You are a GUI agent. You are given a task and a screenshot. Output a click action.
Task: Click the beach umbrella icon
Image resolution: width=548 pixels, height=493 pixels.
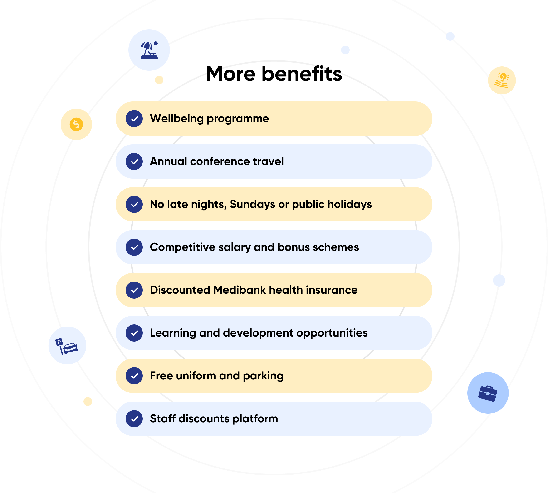(x=149, y=50)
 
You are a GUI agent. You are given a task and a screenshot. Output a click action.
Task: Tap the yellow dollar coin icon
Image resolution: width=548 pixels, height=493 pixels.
(x=76, y=124)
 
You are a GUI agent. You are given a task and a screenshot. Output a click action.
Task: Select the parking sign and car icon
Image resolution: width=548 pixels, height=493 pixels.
(x=67, y=346)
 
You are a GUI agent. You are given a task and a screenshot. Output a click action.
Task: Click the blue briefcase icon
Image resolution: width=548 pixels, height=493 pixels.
(x=488, y=393)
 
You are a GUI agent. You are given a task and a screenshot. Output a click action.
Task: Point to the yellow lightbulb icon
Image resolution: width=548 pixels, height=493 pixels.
(x=502, y=80)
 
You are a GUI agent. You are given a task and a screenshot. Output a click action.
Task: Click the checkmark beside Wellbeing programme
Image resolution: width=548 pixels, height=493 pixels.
(x=134, y=119)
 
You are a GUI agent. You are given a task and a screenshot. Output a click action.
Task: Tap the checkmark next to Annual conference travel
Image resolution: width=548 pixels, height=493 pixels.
(x=134, y=161)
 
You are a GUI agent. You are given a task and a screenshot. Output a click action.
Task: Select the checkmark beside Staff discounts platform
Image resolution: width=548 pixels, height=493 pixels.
(x=134, y=419)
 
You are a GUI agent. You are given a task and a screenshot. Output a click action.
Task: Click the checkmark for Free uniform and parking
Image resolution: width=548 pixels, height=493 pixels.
(x=134, y=376)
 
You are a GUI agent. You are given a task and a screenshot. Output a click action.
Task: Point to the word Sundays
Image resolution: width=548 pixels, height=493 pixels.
(x=252, y=204)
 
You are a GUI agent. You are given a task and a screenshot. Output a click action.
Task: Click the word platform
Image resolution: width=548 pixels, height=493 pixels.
(x=255, y=419)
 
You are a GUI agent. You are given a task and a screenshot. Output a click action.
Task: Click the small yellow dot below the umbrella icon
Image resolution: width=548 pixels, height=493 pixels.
(x=159, y=80)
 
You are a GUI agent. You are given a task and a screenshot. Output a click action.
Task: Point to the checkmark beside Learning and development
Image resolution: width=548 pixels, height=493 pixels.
(x=134, y=333)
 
